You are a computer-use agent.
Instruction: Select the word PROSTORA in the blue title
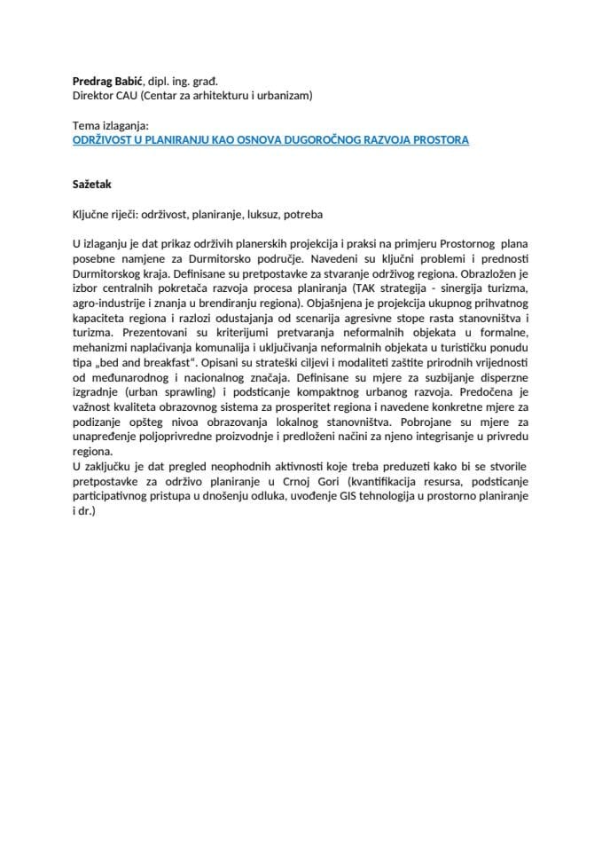click(437, 140)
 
